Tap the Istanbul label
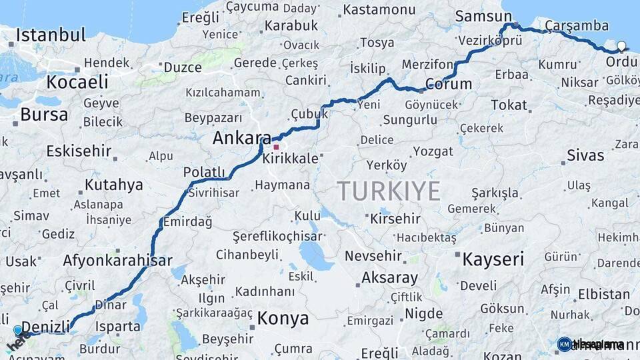51,35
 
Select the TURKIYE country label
389,191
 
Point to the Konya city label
283,317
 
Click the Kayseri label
493,259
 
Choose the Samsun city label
477,16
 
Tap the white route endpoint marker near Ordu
621,47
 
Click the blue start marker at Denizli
18,330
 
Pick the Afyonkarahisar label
118,261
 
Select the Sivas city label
585,156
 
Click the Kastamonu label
379,10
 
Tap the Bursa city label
44,115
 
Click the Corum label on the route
448,85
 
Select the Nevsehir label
373,256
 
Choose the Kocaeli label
77,82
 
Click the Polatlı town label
204,172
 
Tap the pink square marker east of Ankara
276,147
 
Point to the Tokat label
509,105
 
